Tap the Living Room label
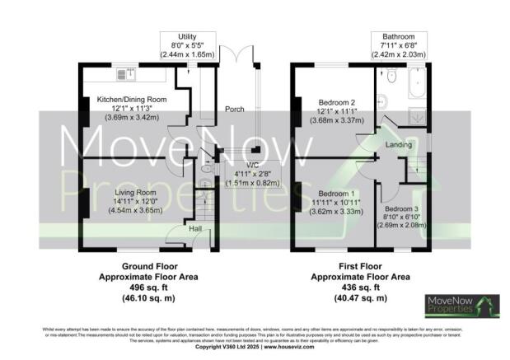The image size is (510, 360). (x=114, y=194)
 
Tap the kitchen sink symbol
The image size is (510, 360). (x=131, y=74)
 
